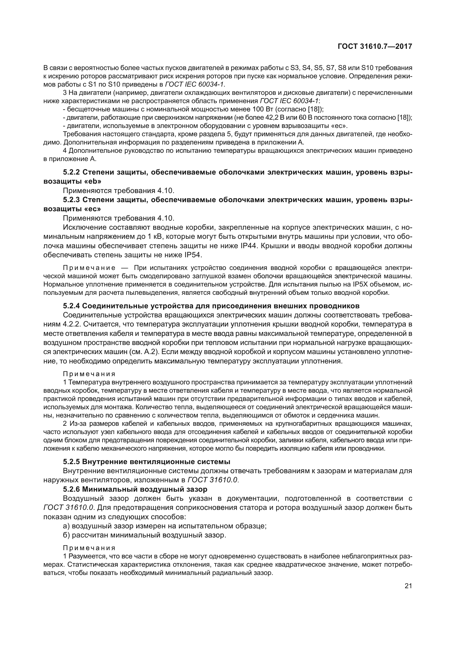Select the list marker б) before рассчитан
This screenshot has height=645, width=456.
[x=67, y=535]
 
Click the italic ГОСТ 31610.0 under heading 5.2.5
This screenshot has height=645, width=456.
[x=213, y=480]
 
